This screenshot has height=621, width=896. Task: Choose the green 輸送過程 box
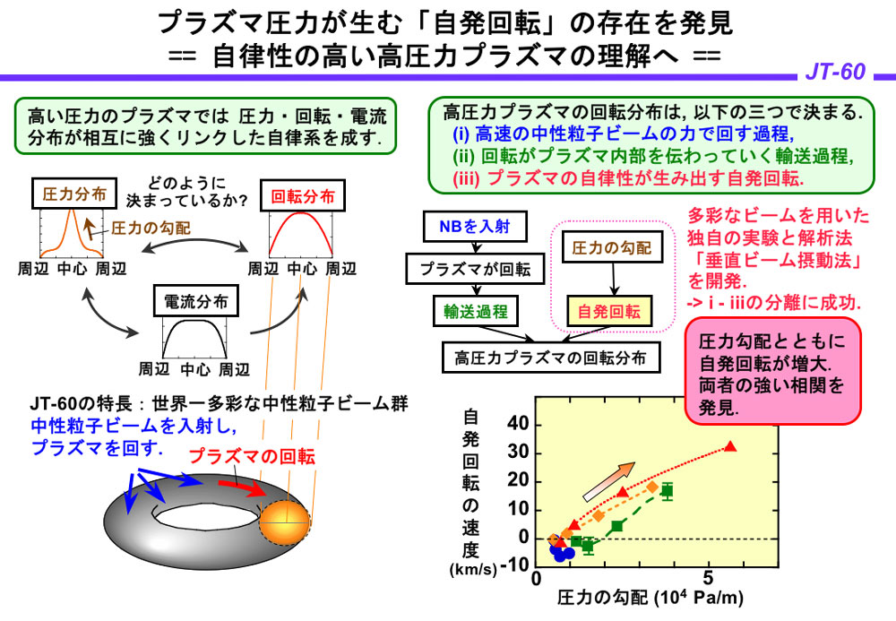pos(475,311)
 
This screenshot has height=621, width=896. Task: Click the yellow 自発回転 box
pos(610,312)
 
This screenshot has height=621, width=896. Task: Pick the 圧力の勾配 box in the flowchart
pos(612,246)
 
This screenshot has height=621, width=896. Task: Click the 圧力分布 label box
pos(70,192)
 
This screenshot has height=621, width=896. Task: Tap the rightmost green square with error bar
pos(667,491)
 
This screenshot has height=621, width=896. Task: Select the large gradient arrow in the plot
pos(608,481)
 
